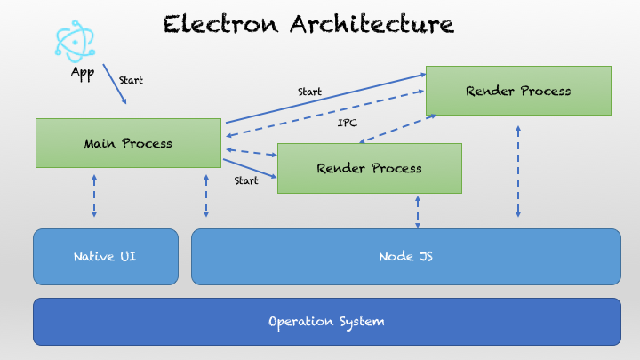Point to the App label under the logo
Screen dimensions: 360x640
pos(82,73)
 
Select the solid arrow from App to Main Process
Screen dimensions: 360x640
pos(115,84)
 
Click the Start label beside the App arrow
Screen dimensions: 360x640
pos(131,80)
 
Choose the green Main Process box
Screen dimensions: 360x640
pos(128,142)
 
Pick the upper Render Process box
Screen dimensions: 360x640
pos(518,90)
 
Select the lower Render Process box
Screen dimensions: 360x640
pos(370,167)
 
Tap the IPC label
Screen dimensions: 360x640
pos(348,123)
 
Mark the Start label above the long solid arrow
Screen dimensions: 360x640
pos(310,92)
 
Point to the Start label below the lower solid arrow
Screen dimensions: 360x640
pos(246,180)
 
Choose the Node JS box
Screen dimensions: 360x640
pos(405,257)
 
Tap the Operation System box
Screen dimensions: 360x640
pos(326,321)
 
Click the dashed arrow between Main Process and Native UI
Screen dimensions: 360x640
pos(94,196)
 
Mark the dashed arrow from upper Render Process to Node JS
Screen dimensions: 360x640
pos(518,171)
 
